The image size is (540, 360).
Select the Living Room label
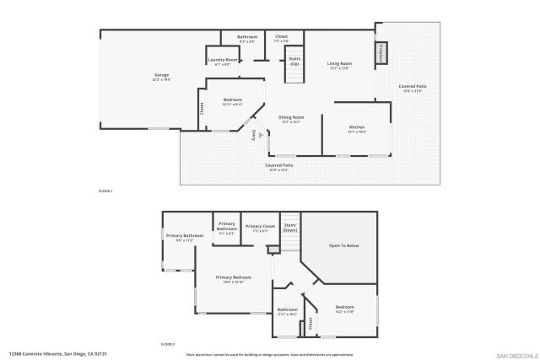340,65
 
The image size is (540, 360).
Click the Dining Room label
291,119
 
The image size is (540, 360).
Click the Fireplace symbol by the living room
381,52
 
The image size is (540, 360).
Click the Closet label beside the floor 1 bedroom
202,108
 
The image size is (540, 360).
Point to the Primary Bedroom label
233,278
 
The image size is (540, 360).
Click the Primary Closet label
261,228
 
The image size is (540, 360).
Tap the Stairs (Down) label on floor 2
289,228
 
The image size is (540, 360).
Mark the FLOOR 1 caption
106,192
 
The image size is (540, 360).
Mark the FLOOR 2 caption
168,345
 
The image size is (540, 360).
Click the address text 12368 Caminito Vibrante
57,354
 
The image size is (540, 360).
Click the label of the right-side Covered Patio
412,87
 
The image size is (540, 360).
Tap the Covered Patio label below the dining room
279,166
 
